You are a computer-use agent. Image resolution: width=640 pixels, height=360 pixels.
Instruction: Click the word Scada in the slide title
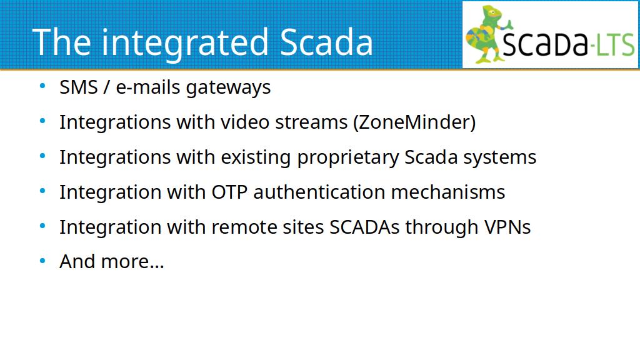326,42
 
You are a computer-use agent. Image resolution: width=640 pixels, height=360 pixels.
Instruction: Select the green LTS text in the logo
615,44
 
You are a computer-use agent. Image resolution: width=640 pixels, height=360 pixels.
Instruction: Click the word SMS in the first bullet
79,87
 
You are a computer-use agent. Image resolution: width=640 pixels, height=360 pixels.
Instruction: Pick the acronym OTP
229,192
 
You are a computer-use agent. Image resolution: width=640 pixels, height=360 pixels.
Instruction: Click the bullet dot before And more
42,261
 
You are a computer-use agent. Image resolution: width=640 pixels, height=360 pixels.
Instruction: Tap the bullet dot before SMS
42,86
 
